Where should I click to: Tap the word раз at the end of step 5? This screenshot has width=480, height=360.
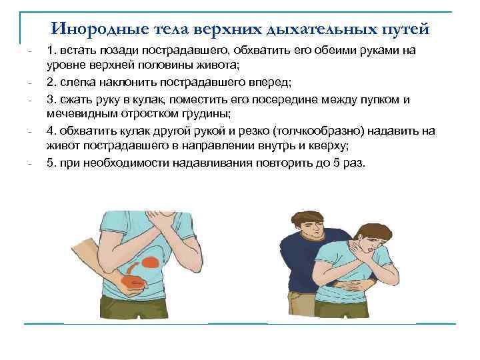[351, 163]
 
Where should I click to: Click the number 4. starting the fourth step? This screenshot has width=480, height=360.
[51, 131]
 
